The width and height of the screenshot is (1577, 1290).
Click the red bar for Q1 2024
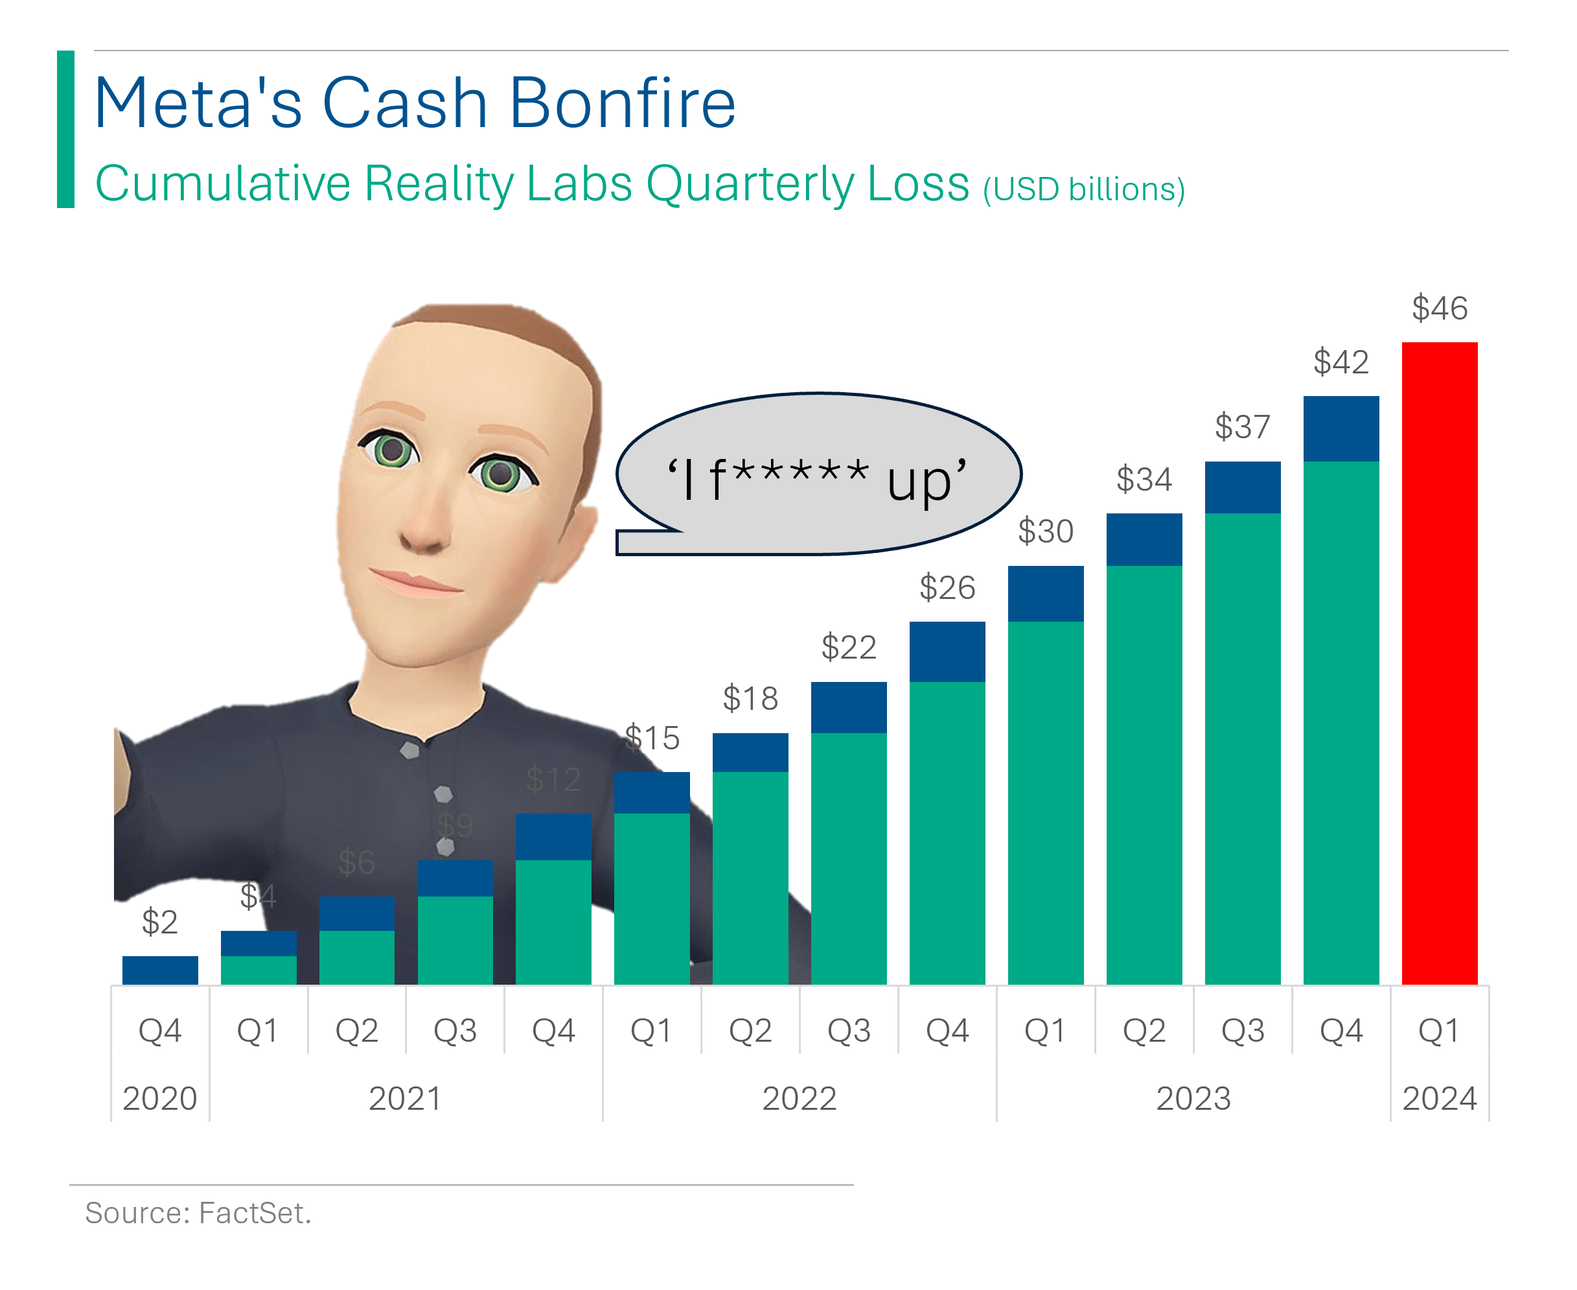(1439, 663)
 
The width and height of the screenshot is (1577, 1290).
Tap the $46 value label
(1439, 308)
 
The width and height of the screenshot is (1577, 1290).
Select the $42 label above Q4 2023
(1340, 362)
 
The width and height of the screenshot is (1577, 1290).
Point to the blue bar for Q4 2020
(159, 970)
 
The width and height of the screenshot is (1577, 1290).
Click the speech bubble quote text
(817, 479)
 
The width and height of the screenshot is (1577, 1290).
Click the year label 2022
(800, 1097)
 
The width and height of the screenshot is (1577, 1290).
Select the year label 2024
(1439, 1097)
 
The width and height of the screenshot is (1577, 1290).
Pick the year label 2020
(159, 1097)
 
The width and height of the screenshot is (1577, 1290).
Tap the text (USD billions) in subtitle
(1084, 189)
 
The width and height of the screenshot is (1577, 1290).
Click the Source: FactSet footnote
(198, 1212)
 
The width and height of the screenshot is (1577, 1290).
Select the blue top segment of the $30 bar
(1045, 593)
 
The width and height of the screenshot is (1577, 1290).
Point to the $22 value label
(848, 646)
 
